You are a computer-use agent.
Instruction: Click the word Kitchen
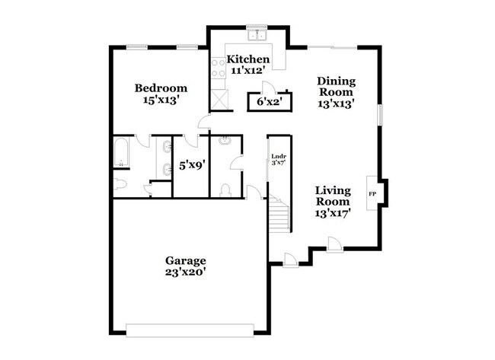pos(248,59)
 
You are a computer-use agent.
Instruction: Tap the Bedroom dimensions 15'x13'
pos(161,100)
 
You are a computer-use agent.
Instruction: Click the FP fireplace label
pos(372,194)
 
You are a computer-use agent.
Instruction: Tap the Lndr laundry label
pos(278,157)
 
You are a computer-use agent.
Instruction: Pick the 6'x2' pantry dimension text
pos(267,100)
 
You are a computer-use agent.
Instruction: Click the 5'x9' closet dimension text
pos(190,164)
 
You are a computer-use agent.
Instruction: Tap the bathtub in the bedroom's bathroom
pos(123,155)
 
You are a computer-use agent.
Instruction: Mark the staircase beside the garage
pos(279,213)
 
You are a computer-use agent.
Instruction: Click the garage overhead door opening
pos(190,330)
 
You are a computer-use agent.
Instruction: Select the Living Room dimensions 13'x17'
pos(333,214)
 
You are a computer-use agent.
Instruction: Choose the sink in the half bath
pos(225,142)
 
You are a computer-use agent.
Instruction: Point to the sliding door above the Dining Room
pos(330,47)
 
